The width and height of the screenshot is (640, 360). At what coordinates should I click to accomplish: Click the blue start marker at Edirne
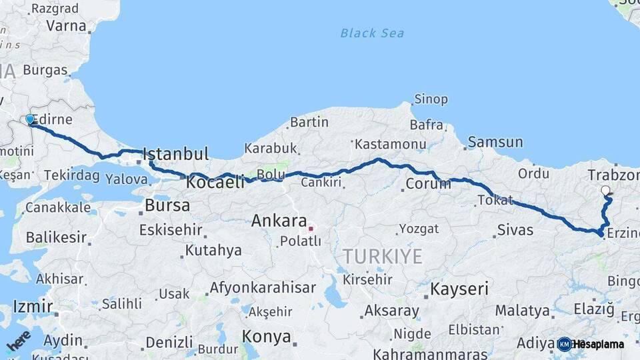[x=29, y=120]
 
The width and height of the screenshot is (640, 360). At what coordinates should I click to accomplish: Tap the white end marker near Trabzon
[x=605, y=191]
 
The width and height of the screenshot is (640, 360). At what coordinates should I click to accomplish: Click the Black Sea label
[x=371, y=33]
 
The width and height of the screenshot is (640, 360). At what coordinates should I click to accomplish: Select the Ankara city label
[x=279, y=221]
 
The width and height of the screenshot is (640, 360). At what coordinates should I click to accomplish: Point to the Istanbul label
[x=176, y=154]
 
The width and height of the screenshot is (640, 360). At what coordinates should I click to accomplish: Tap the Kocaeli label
[x=216, y=181]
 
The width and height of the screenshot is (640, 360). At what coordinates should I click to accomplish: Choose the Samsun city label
[x=495, y=142]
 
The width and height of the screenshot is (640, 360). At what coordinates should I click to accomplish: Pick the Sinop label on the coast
[x=431, y=99]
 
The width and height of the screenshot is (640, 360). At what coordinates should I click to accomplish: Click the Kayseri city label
[x=459, y=289]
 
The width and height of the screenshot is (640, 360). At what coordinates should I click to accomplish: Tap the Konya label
[x=266, y=336]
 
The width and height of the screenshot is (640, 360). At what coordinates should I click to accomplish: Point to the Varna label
[x=66, y=27]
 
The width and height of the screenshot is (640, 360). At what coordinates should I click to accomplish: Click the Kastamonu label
[x=390, y=144]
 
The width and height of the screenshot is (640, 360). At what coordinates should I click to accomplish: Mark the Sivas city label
[x=515, y=230]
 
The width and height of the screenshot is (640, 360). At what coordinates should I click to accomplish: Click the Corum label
[x=428, y=183]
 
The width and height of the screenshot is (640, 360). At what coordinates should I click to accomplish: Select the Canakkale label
[x=57, y=207]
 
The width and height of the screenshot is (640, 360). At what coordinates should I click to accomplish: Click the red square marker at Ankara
[x=311, y=229]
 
